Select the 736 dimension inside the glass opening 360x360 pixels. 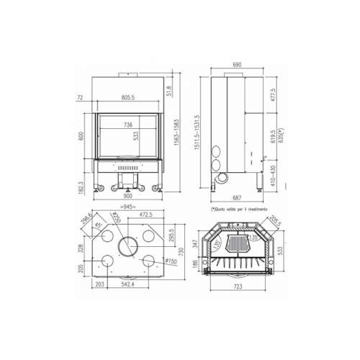coord(128,125)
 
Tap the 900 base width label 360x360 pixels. coord(128,195)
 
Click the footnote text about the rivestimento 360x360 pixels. coord(240,209)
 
